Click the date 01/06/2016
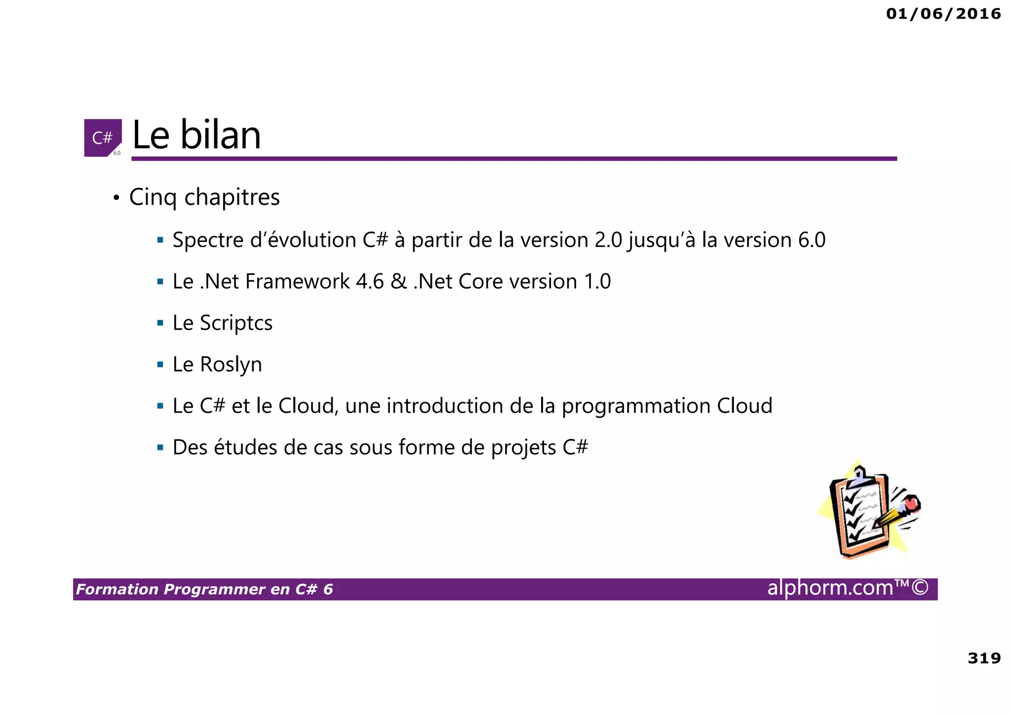tap(943, 14)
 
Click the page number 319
tap(984, 658)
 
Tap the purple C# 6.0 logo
tap(103, 138)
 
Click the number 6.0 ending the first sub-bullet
tap(812, 240)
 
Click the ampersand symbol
tap(399, 282)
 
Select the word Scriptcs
tap(236, 323)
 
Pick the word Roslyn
tap(231, 365)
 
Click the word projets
tap(524, 448)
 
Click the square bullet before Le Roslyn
tap(160, 365)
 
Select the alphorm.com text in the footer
tap(830, 588)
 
